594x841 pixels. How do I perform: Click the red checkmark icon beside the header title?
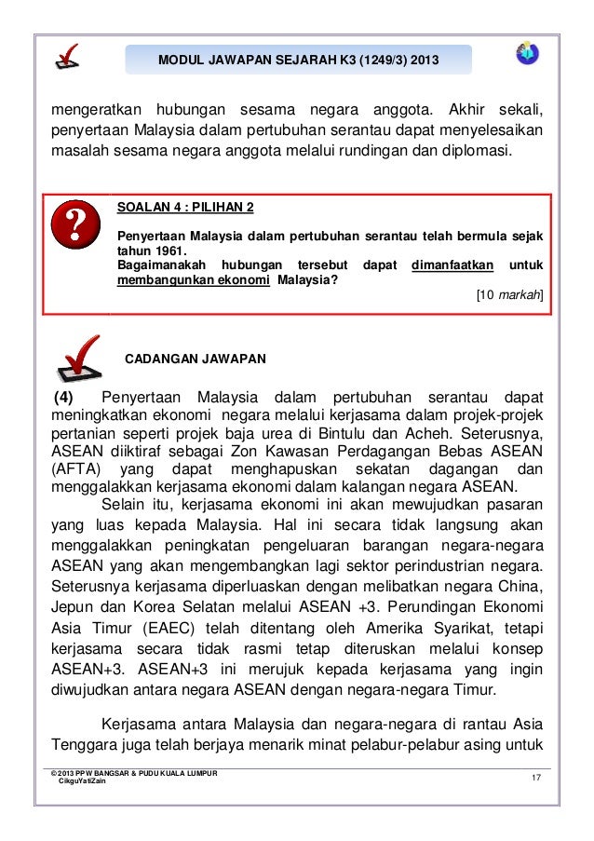[66, 58]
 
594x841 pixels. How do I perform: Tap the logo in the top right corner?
[526, 54]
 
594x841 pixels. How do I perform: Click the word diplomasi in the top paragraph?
[476, 149]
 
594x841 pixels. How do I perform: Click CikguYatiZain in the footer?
[83, 782]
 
